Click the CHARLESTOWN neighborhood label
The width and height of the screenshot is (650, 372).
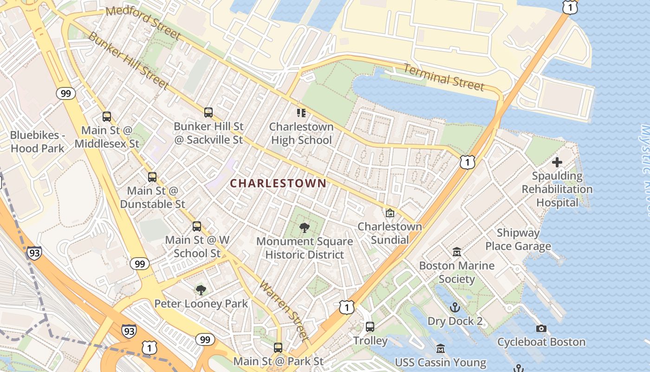(x=278, y=183)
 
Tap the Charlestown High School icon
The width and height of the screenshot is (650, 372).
(x=301, y=113)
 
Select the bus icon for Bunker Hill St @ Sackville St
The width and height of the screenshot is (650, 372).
(x=208, y=112)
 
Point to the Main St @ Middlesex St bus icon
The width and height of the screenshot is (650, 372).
(x=107, y=117)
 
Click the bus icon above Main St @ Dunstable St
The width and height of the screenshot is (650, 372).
(x=152, y=177)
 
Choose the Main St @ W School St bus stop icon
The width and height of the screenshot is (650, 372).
(x=197, y=226)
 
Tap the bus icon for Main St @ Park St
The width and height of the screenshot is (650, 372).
(x=278, y=347)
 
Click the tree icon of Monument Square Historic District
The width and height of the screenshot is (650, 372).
(x=305, y=227)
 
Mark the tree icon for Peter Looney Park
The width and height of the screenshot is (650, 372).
(x=201, y=290)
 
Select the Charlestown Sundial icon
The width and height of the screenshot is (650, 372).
(x=390, y=213)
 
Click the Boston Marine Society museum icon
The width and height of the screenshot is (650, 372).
(x=457, y=252)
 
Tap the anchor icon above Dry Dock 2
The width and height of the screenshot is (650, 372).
(x=455, y=307)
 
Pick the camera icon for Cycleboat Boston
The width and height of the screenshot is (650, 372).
(x=541, y=329)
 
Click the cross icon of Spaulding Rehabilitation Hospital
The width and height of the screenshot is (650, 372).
(x=557, y=162)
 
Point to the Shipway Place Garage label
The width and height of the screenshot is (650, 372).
(x=518, y=239)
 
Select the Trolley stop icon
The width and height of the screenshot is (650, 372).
(x=370, y=327)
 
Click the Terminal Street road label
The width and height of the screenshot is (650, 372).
(x=443, y=78)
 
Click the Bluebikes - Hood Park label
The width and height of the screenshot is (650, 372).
(x=37, y=142)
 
